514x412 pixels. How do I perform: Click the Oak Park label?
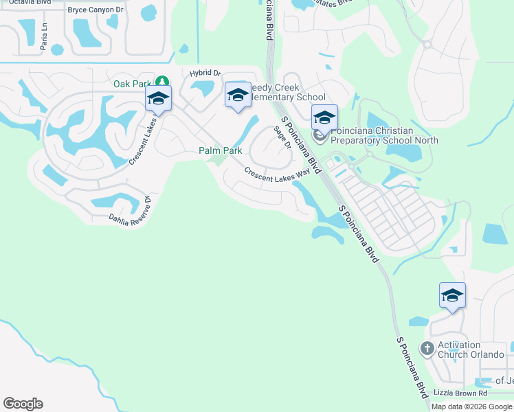point(132,84)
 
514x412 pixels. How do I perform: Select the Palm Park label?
point(220,150)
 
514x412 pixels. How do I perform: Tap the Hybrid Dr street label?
point(205,73)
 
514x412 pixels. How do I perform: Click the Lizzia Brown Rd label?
point(460,393)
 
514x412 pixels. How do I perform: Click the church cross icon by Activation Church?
point(427,349)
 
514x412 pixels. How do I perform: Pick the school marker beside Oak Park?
point(158,99)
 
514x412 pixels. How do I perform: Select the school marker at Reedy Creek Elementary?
point(238,95)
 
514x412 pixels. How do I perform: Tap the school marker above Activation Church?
point(452,295)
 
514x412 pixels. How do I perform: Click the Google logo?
point(23,404)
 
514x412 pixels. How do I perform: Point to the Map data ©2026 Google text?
point(471,407)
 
